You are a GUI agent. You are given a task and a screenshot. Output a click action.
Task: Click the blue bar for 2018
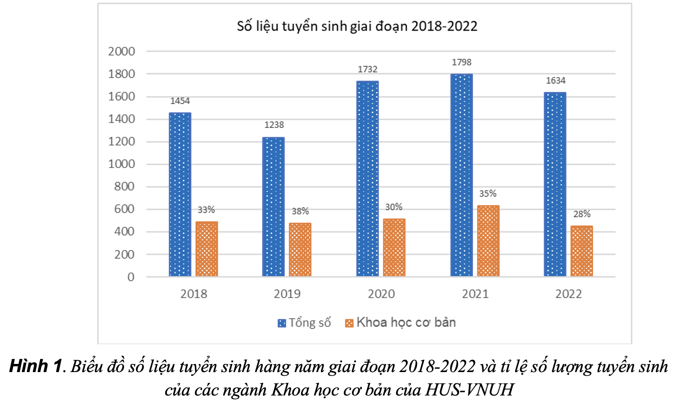[x=180, y=195]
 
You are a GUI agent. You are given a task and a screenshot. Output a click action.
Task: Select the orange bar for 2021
[x=488, y=241]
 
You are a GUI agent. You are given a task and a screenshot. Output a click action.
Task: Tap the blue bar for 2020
[x=368, y=179]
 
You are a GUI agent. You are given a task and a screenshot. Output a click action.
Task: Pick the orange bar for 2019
[x=300, y=250]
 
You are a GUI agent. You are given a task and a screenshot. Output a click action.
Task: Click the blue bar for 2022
[x=555, y=184]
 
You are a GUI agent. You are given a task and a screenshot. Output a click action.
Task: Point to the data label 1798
[x=462, y=63]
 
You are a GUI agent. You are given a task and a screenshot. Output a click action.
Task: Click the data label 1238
[x=274, y=125]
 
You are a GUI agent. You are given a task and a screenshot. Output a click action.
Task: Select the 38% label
[x=300, y=211]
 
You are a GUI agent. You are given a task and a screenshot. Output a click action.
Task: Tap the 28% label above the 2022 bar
[x=582, y=214]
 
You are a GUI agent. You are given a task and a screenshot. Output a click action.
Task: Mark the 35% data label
[x=488, y=194]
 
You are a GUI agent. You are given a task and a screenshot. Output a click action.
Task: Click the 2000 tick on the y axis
[x=122, y=51]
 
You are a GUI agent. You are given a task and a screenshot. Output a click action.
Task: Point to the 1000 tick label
[x=122, y=164]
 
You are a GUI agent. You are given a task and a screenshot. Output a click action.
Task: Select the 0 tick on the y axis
[x=131, y=277]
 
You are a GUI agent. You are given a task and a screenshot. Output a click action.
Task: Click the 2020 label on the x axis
[x=381, y=294]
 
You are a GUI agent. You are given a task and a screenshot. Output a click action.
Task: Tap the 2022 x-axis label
[x=568, y=294]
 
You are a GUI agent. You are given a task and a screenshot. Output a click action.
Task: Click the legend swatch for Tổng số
[x=282, y=323]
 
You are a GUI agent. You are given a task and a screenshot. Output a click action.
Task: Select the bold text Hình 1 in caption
[x=35, y=366]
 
